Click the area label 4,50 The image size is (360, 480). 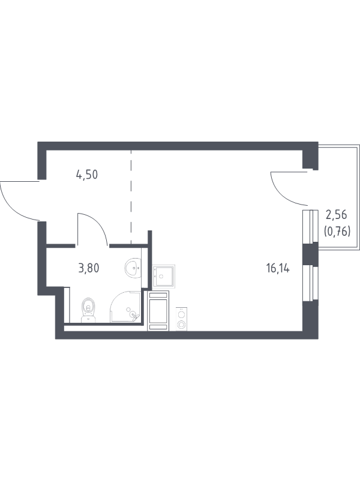(87, 175)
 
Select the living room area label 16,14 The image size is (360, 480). (278, 268)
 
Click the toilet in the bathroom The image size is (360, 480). (89, 310)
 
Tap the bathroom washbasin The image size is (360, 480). (133, 267)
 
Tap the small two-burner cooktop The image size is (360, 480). (181, 318)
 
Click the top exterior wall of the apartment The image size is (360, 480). (174, 146)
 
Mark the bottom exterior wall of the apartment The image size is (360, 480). (180, 334)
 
